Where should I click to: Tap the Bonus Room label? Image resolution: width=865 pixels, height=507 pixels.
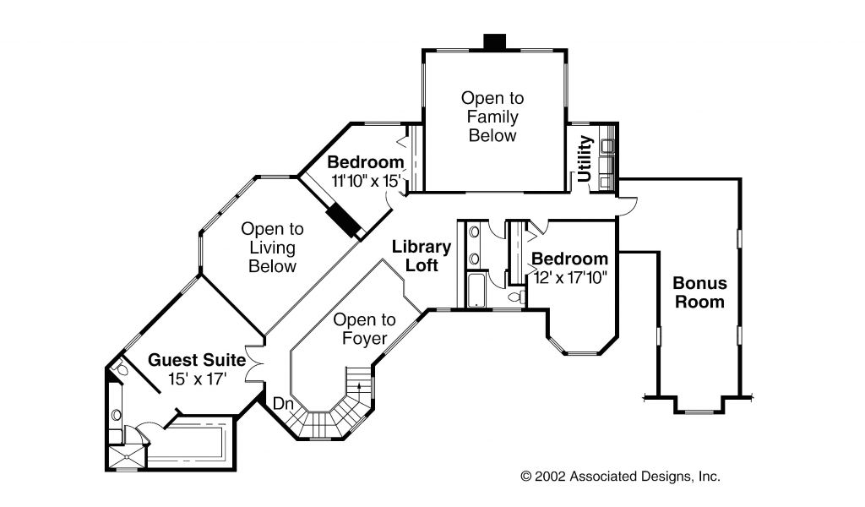click(x=699, y=292)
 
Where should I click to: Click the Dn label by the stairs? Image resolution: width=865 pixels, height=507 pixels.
click(x=282, y=405)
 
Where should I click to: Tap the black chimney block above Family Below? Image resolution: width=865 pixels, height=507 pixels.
click(x=494, y=41)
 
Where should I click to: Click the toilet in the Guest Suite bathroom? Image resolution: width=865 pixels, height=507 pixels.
click(x=121, y=368)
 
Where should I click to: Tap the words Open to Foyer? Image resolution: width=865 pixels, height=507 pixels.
click(x=364, y=330)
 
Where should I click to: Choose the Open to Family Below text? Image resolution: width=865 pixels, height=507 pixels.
click(x=492, y=117)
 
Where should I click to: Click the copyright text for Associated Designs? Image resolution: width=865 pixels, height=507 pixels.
click(x=620, y=477)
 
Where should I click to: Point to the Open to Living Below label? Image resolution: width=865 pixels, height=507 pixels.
click(x=272, y=247)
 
